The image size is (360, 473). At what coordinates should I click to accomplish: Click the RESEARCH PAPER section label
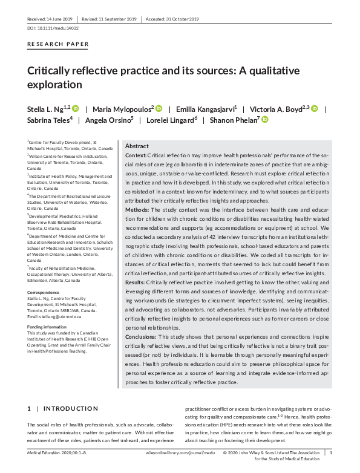pyautogui.click(x=58, y=44)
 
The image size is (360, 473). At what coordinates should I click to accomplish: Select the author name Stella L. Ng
pyautogui.click(x=48, y=109)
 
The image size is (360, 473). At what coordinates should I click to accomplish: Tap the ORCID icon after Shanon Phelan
pyautogui.click(x=264, y=120)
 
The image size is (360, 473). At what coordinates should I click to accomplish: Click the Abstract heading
pyautogui.click(x=137, y=146)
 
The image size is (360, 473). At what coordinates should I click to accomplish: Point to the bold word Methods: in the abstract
pyautogui.click(x=139, y=210)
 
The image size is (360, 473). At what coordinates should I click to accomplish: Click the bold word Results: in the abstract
pyautogui.click(x=137, y=282)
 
